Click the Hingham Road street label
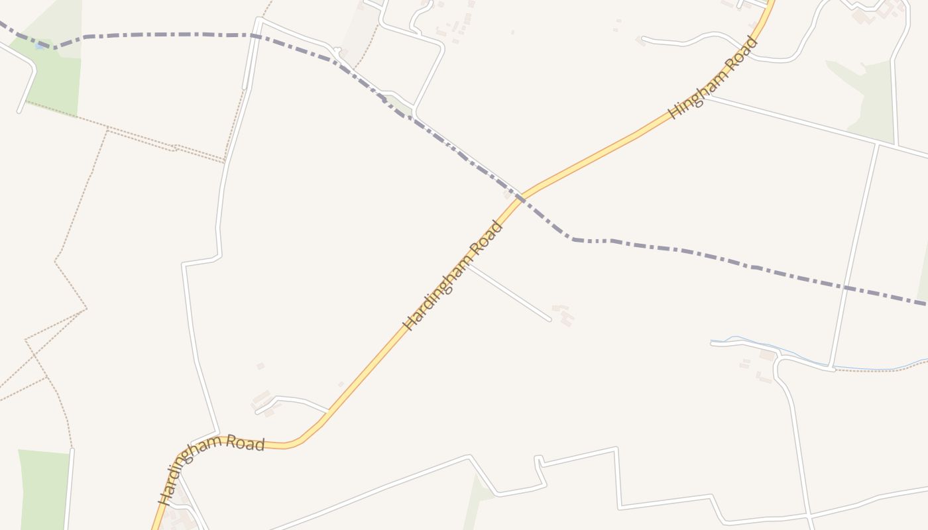713,78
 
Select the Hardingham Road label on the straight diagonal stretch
453,275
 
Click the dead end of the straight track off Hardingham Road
550,320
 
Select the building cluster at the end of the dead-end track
563,315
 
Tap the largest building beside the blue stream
768,356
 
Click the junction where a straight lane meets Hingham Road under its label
705,97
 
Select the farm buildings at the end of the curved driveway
262,401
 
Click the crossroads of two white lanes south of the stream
809,515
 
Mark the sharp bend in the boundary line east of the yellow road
571,239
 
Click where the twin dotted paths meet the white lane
225,161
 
